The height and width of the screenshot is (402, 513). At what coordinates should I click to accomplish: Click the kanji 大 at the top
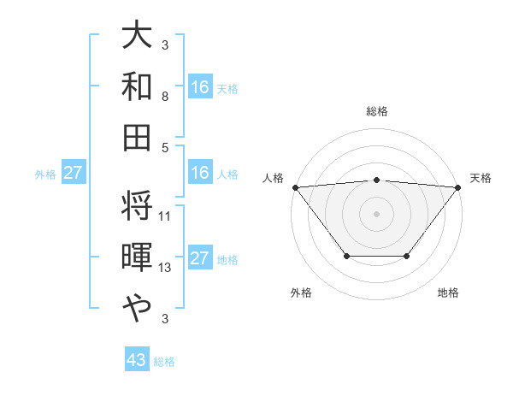137,37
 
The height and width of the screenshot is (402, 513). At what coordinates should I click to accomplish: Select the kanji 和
137,86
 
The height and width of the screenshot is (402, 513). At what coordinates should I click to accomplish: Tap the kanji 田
137,136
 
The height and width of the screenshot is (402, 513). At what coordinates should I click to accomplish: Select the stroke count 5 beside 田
164,146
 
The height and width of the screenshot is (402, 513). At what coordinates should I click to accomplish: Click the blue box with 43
137,361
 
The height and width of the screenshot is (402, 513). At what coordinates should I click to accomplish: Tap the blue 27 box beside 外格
73,174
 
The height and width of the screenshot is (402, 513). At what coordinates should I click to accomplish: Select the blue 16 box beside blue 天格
200,86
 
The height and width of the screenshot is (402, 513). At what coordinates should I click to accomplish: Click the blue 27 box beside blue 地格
200,259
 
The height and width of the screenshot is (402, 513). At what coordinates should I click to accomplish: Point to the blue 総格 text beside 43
164,362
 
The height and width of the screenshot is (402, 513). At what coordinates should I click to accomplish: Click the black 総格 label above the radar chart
377,111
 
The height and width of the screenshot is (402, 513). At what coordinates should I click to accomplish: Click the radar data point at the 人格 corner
295,186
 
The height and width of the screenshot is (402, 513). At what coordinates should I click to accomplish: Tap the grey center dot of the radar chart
376,213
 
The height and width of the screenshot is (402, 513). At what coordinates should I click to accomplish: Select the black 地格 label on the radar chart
448,293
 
